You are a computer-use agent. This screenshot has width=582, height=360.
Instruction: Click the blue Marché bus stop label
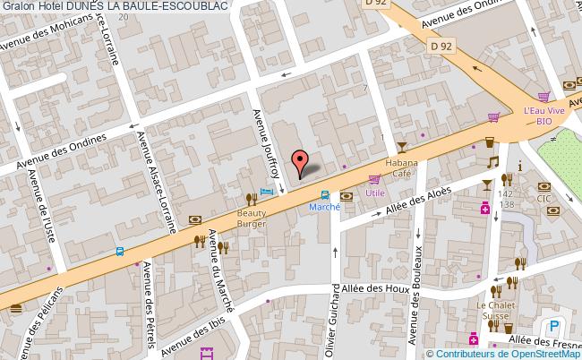click(324, 207)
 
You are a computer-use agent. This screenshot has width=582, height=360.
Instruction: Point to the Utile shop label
click(374, 193)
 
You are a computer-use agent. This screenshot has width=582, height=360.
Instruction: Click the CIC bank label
click(543, 199)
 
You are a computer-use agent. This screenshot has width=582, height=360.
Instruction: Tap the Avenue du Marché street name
click(218, 270)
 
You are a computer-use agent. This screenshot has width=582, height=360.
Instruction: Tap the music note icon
click(492, 161)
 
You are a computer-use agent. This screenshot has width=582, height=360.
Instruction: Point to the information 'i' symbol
click(520, 167)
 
